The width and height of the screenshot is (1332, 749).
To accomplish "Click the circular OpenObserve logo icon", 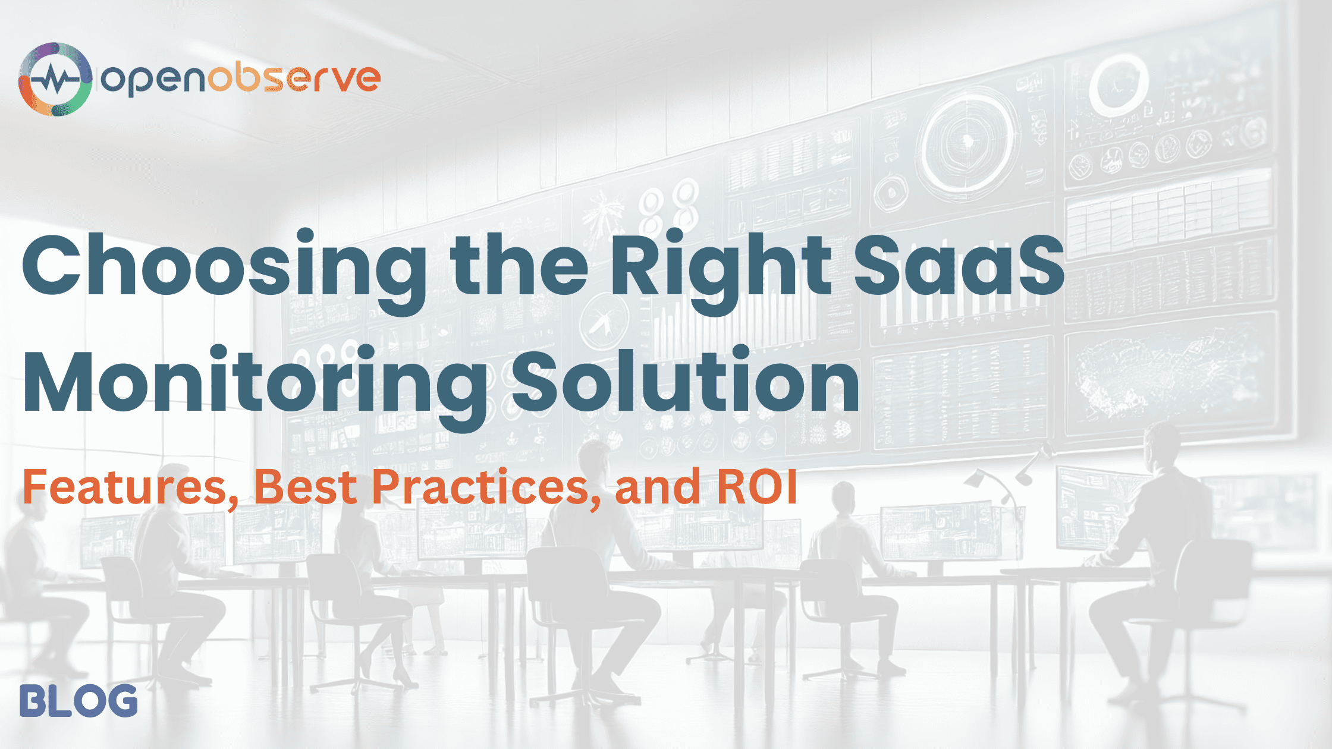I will tap(55, 79).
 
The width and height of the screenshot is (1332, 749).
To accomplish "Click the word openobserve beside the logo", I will tap(240, 79).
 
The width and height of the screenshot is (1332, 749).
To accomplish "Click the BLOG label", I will tap(78, 701).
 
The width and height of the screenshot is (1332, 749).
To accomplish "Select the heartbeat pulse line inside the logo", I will tap(55, 80).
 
